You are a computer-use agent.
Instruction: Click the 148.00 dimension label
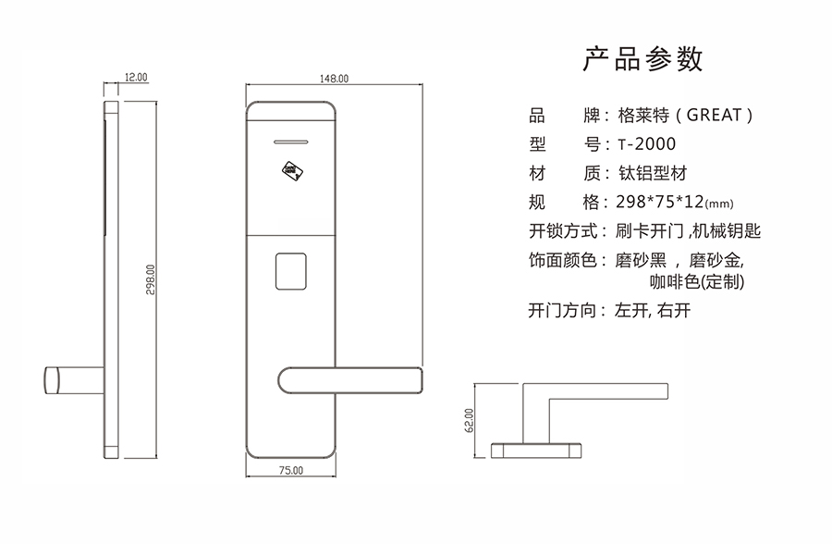[334, 80]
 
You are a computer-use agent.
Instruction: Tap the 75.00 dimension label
[290, 471]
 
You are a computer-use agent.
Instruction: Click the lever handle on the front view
[351, 379]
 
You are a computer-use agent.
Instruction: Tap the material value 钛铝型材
[651, 173]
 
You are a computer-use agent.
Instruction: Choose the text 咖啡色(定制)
[698, 281]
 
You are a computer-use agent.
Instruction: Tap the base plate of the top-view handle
[536, 450]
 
